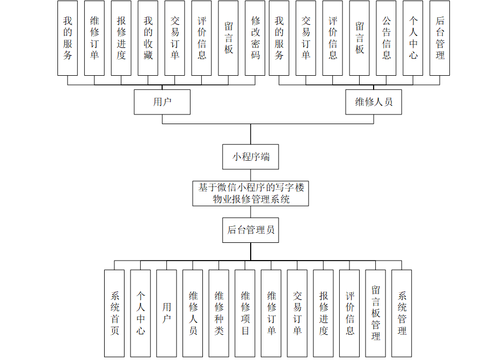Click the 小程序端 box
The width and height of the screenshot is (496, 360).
[251, 157]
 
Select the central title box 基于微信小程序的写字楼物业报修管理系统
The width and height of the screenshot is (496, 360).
[251, 193]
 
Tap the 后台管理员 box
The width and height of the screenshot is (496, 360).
[251, 230]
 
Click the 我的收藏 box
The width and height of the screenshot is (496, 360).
[148, 38]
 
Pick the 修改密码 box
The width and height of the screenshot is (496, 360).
[256, 38]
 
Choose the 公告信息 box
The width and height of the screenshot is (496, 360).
[386, 38]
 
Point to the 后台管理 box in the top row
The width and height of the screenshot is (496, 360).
[440, 38]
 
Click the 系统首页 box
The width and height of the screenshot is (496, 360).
[114, 313]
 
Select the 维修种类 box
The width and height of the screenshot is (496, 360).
[219, 313]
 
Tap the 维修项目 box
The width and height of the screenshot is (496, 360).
[245, 313]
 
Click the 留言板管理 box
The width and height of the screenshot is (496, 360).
[376, 313]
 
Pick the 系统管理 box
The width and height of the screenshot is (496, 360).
[402, 313]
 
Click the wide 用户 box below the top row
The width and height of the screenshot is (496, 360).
[162, 102]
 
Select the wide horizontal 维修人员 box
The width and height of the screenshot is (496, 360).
[374, 102]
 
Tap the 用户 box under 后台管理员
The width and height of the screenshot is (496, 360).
[166, 313]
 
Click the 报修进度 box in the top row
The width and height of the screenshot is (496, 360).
[121, 38]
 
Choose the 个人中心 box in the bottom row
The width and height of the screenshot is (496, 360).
[140, 313]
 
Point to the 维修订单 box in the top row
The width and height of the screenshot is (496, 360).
[94, 38]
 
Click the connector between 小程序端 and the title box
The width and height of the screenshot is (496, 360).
[251, 175]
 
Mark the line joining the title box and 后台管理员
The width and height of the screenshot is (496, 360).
[251, 212]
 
